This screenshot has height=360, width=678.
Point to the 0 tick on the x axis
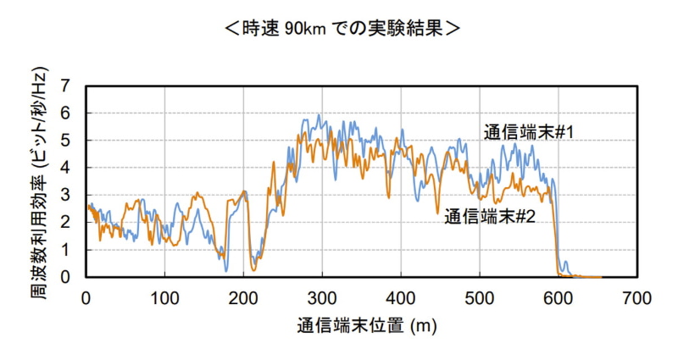point(86,297)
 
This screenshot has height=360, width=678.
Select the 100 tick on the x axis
point(165,297)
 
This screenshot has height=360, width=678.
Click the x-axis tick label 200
point(244,297)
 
